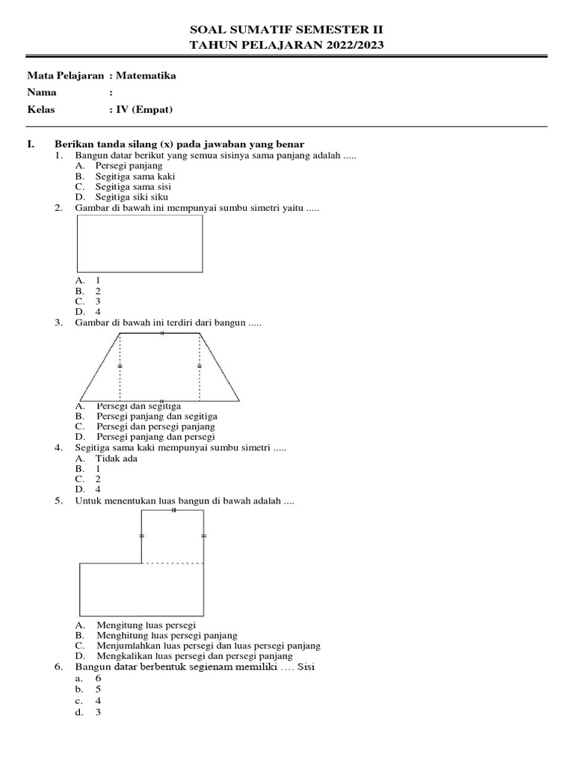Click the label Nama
tap(43, 93)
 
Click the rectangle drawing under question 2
tap(140, 243)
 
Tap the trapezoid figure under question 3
tap(160, 367)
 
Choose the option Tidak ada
tap(117, 459)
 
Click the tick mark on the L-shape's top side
tap(173, 509)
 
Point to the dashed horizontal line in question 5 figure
tap(173, 563)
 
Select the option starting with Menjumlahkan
tap(209, 646)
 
